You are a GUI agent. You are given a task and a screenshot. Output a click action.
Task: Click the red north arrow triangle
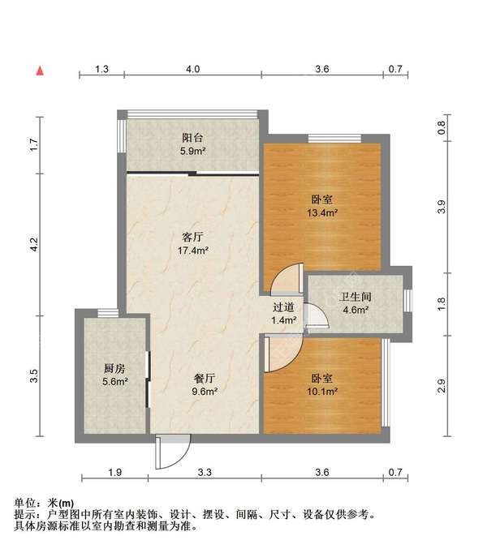coord(38,71)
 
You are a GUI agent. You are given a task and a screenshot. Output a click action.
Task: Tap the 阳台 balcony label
coord(192,136)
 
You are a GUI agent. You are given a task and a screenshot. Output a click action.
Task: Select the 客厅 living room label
coord(192,238)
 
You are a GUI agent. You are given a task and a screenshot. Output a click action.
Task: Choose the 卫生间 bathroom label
coord(355,297)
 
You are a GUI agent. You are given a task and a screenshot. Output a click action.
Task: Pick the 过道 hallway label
coord(283,307)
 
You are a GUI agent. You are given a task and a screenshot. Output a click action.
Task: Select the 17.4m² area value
coord(192,251)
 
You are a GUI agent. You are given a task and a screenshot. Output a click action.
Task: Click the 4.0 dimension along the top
coord(192,70)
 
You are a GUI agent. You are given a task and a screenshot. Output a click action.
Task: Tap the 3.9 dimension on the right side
coord(441,207)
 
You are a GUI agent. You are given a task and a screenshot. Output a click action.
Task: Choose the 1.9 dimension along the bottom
coord(114,472)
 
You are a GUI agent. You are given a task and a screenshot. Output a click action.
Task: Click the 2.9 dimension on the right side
coord(441,386)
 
